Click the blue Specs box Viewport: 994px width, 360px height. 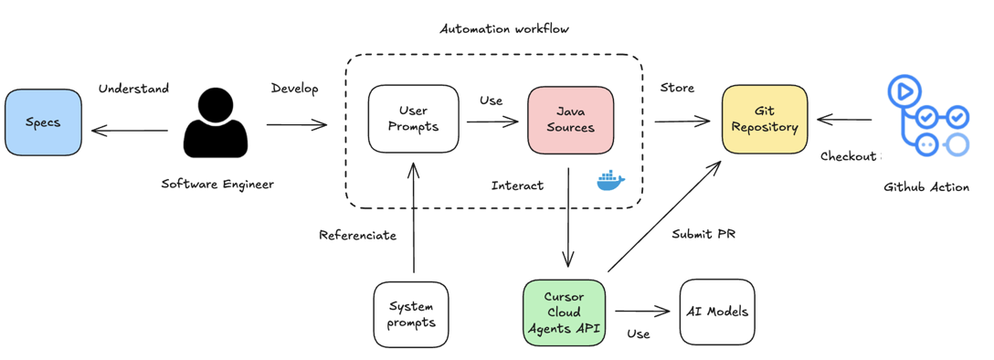(x=43, y=122)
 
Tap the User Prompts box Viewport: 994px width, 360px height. (x=413, y=119)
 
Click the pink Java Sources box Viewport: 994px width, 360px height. (x=570, y=119)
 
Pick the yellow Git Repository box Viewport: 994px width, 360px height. (x=765, y=119)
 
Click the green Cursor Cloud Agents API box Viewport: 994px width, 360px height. (x=564, y=312)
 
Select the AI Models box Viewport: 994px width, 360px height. (x=717, y=312)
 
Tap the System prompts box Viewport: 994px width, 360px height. (x=411, y=313)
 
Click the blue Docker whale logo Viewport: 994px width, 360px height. (x=610, y=181)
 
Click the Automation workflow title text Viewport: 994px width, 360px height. (x=504, y=28)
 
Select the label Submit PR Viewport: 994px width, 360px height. (x=703, y=234)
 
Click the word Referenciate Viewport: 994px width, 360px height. (x=357, y=235)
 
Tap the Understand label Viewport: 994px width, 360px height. (x=133, y=89)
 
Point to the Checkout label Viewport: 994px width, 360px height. (x=849, y=156)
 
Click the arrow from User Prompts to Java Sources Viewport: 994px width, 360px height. (x=492, y=121)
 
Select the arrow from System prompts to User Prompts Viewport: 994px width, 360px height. (x=414, y=219)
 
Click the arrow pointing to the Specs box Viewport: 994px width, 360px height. (x=130, y=131)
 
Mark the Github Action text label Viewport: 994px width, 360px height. (x=926, y=186)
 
